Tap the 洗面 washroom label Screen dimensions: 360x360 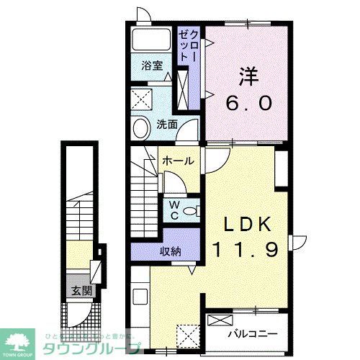167,124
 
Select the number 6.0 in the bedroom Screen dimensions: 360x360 249,102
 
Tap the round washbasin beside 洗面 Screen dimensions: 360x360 141,127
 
